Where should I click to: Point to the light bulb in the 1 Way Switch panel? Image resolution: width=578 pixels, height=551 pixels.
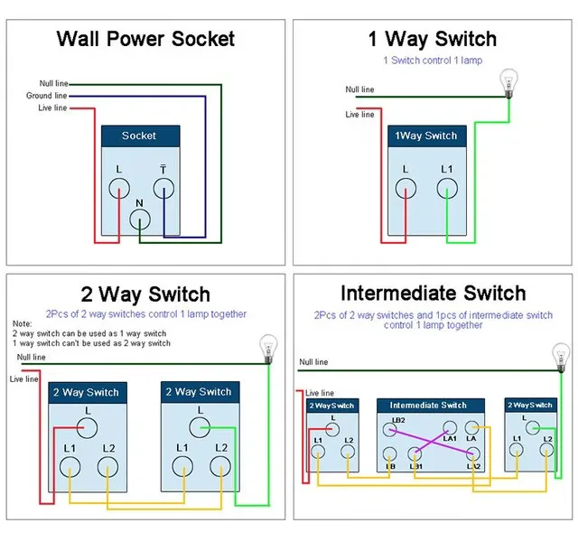click(508, 83)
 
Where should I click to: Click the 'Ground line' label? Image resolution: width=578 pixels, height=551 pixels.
click(46, 96)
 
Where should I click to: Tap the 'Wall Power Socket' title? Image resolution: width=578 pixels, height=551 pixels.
click(145, 39)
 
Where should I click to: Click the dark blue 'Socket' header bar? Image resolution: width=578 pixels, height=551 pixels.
click(141, 136)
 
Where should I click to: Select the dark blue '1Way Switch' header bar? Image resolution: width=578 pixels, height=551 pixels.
click(427, 136)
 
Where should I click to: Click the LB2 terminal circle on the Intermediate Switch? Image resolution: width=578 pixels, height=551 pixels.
click(389, 429)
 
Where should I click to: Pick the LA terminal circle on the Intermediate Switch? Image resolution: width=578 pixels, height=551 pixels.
click(471, 428)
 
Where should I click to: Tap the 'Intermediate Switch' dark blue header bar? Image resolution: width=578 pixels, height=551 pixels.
click(431, 406)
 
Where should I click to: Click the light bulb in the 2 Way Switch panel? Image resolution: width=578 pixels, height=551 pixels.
click(268, 349)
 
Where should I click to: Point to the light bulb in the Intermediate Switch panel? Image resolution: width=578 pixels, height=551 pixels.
click(561, 358)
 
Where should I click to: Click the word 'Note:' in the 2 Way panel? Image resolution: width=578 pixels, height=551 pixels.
click(22, 323)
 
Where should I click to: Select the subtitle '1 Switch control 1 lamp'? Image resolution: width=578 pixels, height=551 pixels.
click(433, 61)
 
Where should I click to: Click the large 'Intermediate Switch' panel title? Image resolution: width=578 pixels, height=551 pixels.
click(433, 294)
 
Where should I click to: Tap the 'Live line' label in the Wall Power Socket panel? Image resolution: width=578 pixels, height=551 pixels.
click(52, 107)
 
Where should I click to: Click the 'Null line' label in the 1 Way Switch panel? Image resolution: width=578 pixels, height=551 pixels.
click(359, 89)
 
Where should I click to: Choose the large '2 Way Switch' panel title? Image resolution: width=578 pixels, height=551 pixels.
click(145, 294)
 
